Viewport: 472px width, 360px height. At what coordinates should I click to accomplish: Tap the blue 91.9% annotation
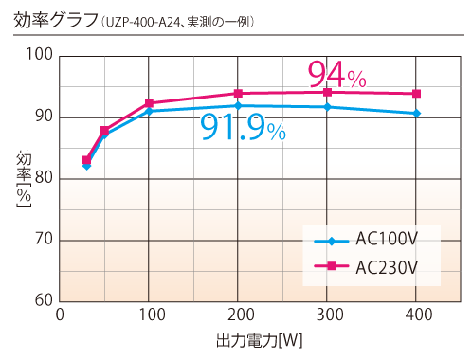(x=243, y=126)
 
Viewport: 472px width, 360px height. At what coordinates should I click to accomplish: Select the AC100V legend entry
(x=371, y=241)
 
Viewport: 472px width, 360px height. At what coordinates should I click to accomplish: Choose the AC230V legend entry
(x=371, y=268)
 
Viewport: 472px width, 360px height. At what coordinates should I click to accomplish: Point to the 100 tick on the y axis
(x=39, y=55)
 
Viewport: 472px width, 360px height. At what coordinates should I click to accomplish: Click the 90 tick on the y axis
(x=43, y=117)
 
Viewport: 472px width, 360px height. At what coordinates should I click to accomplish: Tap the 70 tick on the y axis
(x=43, y=240)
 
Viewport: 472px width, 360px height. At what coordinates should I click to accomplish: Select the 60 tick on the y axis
(x=43, y=300)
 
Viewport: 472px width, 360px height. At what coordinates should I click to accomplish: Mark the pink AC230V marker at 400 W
(x=416, y=94)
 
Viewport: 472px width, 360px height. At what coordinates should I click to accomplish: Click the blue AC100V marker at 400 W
(x=416, y=114)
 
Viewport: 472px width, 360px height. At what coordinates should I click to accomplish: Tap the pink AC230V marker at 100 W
(x=149, y=103)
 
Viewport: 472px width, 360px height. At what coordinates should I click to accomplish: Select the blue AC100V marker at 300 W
(x=327, y=107)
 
